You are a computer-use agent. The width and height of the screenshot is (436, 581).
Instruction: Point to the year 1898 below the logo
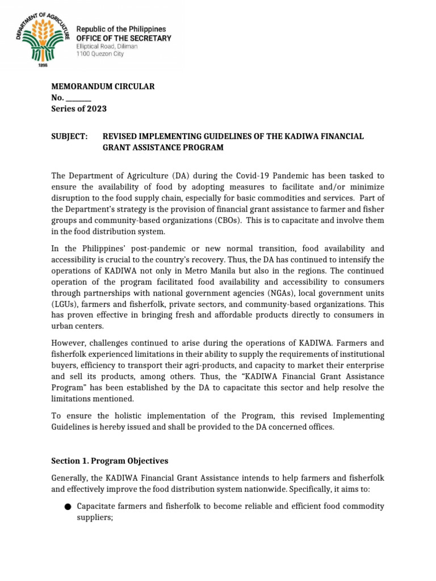tap(41, 66)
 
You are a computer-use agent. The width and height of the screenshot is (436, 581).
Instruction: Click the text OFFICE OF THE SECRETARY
tap(123, 38)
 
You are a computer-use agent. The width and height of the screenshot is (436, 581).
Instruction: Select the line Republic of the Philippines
tap(121, 29)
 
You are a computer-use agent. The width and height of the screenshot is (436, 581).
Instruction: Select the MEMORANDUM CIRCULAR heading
tap(103, 86)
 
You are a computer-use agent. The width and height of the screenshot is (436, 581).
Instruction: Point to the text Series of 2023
tap(79, 108)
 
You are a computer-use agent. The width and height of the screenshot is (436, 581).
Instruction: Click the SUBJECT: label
tap(69, 136)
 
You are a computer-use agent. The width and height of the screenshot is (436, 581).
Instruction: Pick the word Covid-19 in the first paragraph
tap(225, 176)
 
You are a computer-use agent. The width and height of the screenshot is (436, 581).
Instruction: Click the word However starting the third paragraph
tap(70, 343)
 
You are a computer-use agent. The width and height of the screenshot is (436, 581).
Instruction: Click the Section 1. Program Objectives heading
tap(110, 461)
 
